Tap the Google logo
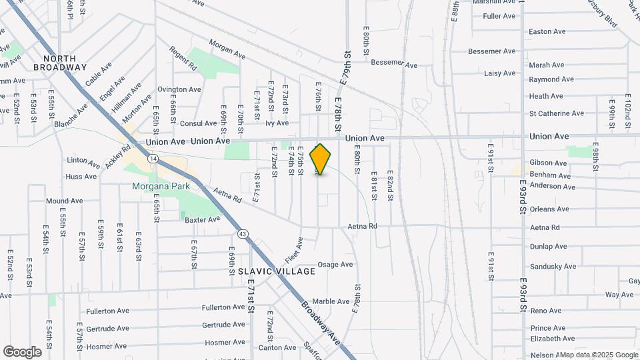[x=22, y=352]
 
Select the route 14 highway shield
[x=153, y=159]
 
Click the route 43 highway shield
[x=243, y=233]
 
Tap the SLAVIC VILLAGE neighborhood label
[x=277, y=271]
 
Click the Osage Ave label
[x=335, y=265]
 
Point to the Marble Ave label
[x=331, y=301]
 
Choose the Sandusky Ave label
[x=553, y=266]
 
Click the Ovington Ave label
[x=179, y=89]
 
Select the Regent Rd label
[x=183, y=59]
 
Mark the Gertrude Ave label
[x=107, y=329]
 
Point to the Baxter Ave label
[x=202, y=219]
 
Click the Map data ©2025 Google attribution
[x=598, y=355]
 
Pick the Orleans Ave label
[x=549, y=209]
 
